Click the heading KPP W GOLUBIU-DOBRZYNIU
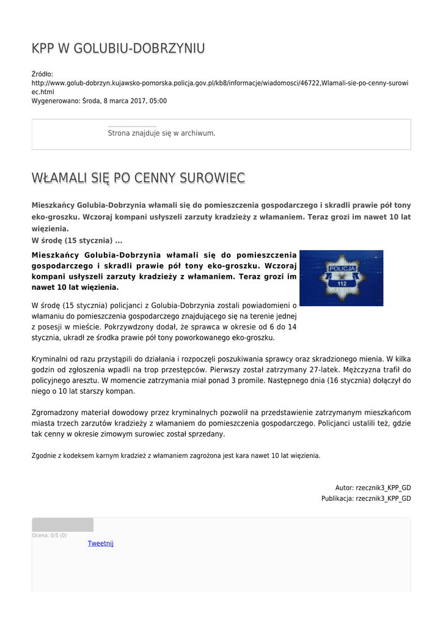point(118,49)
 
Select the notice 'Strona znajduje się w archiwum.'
point(161,133)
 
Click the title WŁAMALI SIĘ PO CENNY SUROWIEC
point(138,178)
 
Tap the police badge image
point(341,278)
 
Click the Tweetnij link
point(100,543)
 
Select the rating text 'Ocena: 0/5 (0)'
point(49,536)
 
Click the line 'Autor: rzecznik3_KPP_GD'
point(373,488)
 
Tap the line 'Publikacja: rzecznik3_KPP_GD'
point(366,499)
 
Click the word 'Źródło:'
point(42,74)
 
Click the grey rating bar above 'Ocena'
point(63,525)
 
